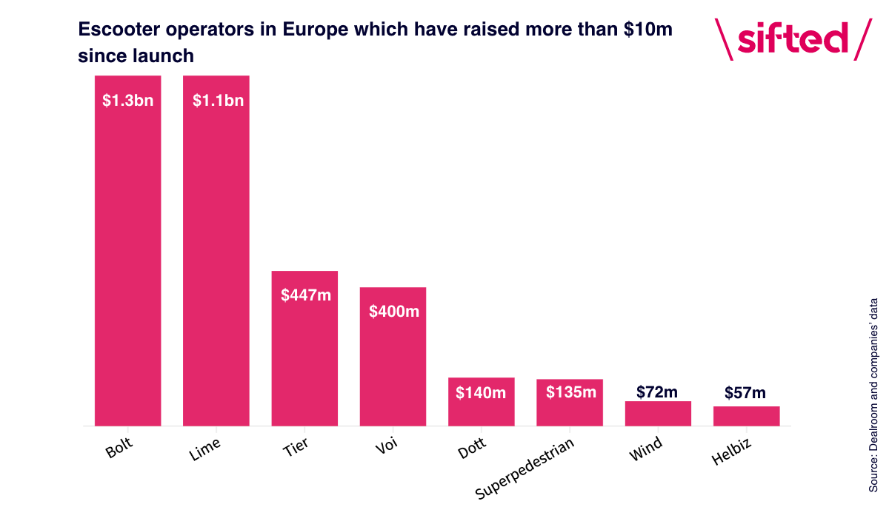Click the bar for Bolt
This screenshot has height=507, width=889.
pyautogui.click(x=127, y=252)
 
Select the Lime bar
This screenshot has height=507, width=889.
pyautogui.click(x=216, y=252)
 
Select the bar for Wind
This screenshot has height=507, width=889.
pyautogui.click(x=658, y=414)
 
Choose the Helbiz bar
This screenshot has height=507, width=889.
pyautogui.click(x=746, y=416)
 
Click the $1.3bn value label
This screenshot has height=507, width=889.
pyautogui.click(x=127, y=101)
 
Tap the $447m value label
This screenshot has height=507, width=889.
pyautogui.click(x=305, y=295)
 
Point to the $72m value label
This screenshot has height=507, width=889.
pyautogui.click(x=657, y=392)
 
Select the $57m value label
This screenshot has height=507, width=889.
pyautogui.click(x=745, y=393)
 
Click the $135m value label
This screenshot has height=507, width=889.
pyautogui.click(x=570, y=392)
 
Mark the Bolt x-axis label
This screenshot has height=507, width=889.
pyautogui.click(x=120, y=448)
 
